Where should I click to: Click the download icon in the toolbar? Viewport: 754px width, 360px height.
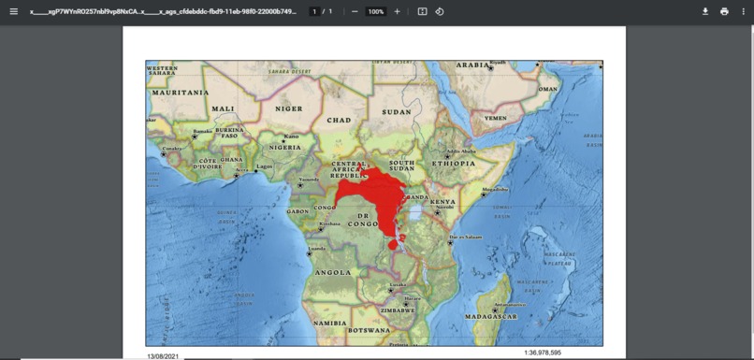(x=705, y=11)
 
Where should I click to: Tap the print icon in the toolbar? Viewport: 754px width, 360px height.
(x=724, y=11)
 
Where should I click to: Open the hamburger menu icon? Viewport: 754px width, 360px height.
(x=13, y=11)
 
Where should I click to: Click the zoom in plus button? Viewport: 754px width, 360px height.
(x=397, y=11)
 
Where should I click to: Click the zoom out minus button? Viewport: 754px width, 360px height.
(x=355, y=11)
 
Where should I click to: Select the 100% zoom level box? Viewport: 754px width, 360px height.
(x=375, y=11)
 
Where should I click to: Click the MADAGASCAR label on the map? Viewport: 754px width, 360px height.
(x=493, y=317)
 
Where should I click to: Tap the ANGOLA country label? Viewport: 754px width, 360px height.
(x=333, y=272)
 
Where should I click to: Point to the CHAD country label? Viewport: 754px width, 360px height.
(x=339, y=120)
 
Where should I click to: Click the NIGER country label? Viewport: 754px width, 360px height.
(x=289, y=108)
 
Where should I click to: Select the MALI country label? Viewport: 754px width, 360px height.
(x=223, y=108)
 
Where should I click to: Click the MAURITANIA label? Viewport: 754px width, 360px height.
(x=180, y=93)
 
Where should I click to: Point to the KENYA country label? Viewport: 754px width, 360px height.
(x=442, y=201)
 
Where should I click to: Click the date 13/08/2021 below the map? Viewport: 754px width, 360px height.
(x=165, y=355)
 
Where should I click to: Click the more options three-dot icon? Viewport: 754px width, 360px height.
(x=743, y=11)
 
